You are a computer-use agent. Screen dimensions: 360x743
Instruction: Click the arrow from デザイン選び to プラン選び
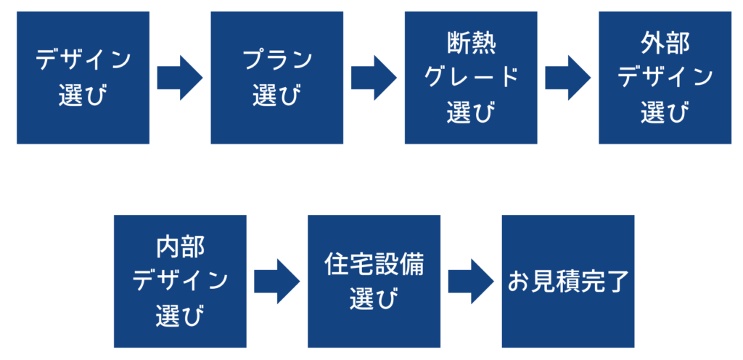pyautogui.click(x=179, y=78)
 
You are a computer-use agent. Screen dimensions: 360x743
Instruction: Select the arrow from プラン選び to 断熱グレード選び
pyautogui.click(x=373, y=78)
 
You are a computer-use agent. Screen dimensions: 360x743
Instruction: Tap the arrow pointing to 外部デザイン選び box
pyautogui.click(x=567, y=78)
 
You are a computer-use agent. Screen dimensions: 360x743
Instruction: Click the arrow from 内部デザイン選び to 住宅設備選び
pyautogui.click(x=276, y=281)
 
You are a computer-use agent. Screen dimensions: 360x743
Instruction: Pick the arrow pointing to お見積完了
pyautogui.click(x=470, y=281)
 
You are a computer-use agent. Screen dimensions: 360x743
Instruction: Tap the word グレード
pyautogui.click(x=470, y=77)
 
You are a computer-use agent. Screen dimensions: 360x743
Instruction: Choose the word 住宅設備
pyautogui.click(x=374, y=264)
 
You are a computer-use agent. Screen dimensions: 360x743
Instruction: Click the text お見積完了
pyautogui.click(x=568, y=281)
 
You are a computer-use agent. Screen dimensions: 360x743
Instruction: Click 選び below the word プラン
pyautogui.click(x=277, y=96)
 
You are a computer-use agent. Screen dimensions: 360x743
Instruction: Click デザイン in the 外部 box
pyautogui.click(x=665, y=77)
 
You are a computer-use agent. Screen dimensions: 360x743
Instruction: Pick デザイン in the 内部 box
pyautogui.click(x=180, y=281)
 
